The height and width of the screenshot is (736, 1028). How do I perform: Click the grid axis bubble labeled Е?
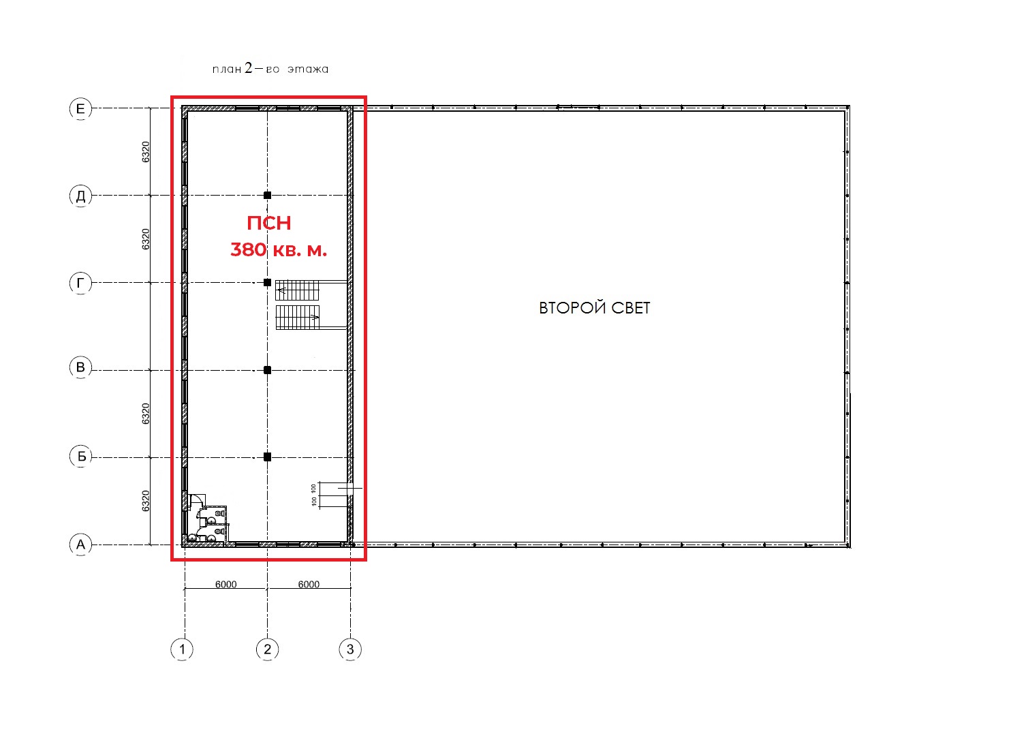click(x=80, y=109)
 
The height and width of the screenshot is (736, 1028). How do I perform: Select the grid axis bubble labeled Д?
click(x=80, y=196)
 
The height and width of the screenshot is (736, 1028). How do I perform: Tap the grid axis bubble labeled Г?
click(x=80, y=283)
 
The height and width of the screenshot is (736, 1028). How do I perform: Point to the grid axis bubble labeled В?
click(x=80, y=367)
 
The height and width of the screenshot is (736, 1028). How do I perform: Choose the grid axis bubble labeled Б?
click(x=80, y=457)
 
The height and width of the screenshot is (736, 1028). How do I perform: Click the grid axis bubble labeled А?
click(x=80, y=545)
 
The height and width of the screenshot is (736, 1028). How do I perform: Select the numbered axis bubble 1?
click(x=182, y=649)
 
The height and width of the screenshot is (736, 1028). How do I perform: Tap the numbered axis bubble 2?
click(x=267, y=649)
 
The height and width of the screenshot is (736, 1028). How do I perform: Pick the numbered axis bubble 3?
click(x=350, y=649)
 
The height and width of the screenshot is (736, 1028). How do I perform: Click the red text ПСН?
click(x=269, y=223)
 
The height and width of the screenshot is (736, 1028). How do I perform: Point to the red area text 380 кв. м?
click(x=279, y=250)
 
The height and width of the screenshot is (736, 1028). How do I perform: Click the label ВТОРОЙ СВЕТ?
click(x=594, y=307)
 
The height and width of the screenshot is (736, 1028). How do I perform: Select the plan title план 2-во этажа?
click(x=270, y=68)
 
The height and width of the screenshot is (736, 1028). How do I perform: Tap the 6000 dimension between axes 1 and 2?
click(x=225, y=584)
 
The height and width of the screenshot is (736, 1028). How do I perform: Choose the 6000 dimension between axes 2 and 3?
click(x=309, y=584)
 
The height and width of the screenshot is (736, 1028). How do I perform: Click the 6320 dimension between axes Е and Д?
click(x=146, y=152)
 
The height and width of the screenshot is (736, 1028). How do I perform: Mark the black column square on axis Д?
click(x=268, y=195)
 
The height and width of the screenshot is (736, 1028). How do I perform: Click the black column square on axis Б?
click(x=268, y=457)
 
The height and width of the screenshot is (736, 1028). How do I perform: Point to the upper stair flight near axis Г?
click(x=297, y=290)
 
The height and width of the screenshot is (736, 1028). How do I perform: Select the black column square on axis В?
click(x=268, y=370)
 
